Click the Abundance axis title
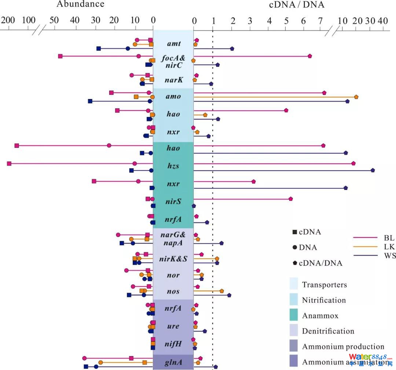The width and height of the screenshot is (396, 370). (x=80, y=4)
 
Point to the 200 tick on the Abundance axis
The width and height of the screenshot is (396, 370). (x=7, y=21)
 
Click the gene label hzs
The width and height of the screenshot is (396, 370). (x=173, y=166)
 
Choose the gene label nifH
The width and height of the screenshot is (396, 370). (x=173, y=344)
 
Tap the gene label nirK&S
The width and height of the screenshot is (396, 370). (x=173, y=259)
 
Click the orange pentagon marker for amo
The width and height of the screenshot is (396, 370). (x=356, y=97)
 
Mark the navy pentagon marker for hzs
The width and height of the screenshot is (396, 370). (x=373, y=170)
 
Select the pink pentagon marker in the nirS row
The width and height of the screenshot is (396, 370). (x=290, y=199)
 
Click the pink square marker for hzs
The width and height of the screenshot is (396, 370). (x=9, y=164)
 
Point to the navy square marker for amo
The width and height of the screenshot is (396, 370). (x=90, y=101)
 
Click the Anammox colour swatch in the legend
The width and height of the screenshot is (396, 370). (x=294, y=315)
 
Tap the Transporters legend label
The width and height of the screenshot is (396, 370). (x=324, y=285)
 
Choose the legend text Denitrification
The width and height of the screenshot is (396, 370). (x=328, y=331)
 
